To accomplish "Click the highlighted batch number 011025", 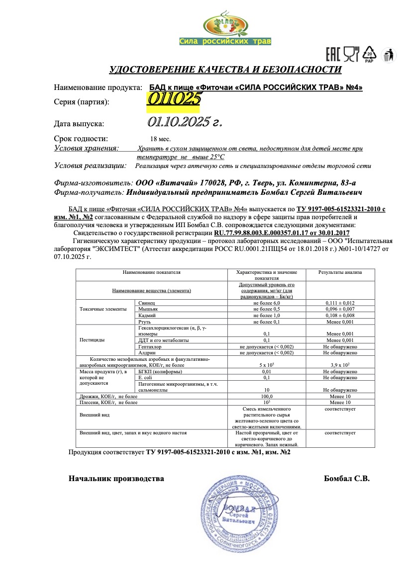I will (x=174, y=98).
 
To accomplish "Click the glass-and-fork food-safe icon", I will (x=351, y=55).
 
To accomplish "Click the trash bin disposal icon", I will (x=388, y=55).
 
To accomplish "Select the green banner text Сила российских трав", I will (x=225, y=41).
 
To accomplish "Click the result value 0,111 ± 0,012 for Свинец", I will (x=340, y=303).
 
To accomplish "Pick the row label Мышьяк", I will (x=146, y=309).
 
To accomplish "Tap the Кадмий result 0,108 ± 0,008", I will (x=340, y=315).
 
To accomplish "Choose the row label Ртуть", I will (x=144, y=322).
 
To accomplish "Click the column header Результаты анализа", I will (x=340, y=272).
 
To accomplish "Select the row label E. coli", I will (x=145, y=378).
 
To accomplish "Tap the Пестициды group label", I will (x=92, y=340).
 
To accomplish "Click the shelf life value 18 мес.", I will (x=160, y=140).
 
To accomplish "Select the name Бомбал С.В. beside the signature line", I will (x=347, y=479).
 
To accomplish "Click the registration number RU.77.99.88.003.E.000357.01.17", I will (x=262, y=233).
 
